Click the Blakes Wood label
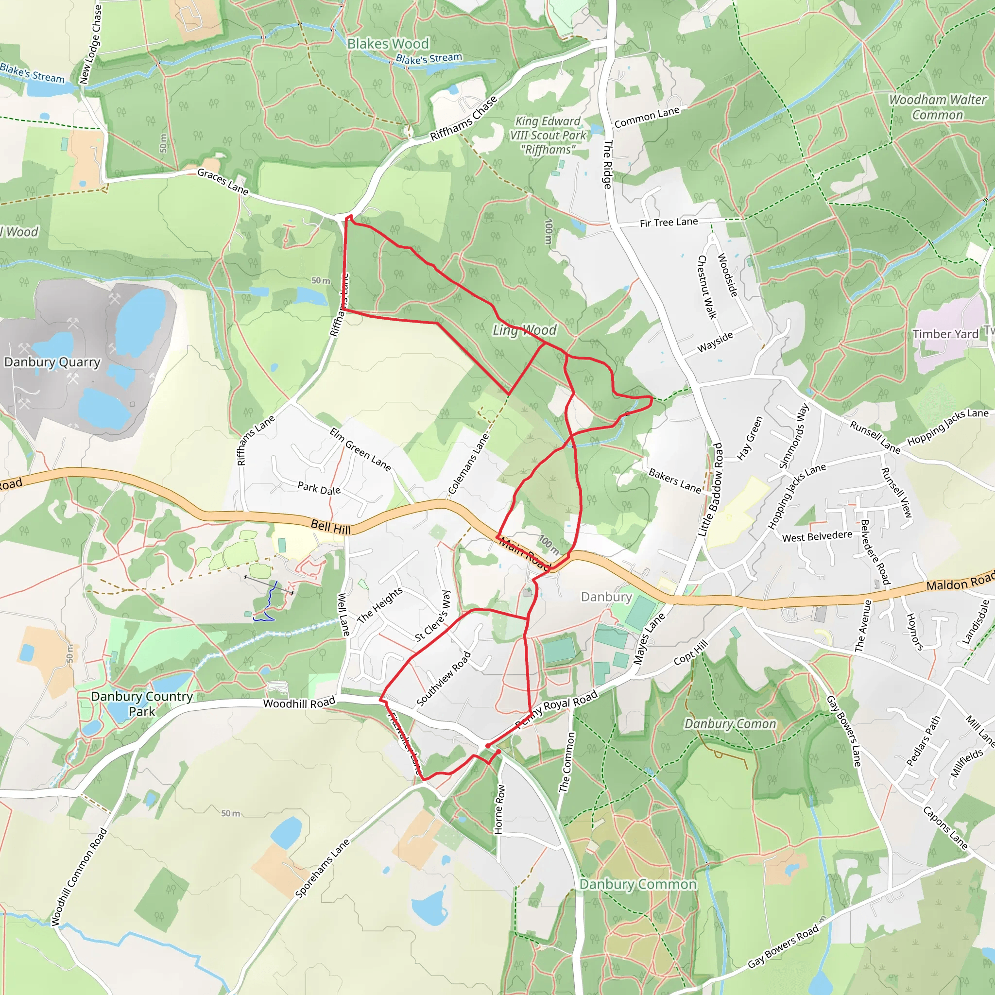pyautogui.click(x=388, y=44)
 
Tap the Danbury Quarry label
pyautogui.click(x=52, y=362)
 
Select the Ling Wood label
pyautogui.click(x=524, y=330)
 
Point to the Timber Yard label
pyautogui.click(x=945, y=334)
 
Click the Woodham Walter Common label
pyautogui.click(x=937, y=107)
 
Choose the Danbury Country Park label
pyautogui.click(x=142, y=703)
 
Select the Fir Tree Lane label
pyautogui.click(x=669, y=223)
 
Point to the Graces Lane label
pyautogui.click(x=223, y=182)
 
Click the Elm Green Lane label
pyautogui.click(x=360, y=449)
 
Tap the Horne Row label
pyautogui.click(x=499, y=809)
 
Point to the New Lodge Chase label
pyautogui.click(x=91, y=44)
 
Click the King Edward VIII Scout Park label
pyautogui.click(x=548, y=136)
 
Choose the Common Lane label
pyautogui.click(x=647, y=117)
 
